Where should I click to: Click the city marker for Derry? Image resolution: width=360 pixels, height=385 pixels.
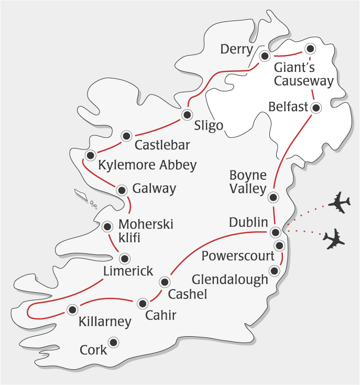tap(265, 55)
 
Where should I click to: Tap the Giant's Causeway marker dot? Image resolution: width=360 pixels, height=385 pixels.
tap(310, 49)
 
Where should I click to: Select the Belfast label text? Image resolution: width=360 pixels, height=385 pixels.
tap(288, 107)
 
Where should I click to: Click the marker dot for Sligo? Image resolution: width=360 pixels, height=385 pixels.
tap(187, 114)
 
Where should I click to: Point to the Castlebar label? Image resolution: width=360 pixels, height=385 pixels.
tap(162, 144)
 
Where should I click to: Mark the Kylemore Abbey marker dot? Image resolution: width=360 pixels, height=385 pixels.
tap(91, 155)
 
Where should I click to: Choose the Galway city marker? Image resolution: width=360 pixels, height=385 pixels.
tap(122, 190)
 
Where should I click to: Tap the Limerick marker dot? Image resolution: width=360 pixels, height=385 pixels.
tap(125, 258)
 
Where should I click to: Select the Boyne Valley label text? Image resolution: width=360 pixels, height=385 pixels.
tap(248, 182)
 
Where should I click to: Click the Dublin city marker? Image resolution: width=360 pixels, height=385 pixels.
tap(275, 232)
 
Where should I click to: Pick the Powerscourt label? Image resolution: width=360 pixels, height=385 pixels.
tap(238, 256)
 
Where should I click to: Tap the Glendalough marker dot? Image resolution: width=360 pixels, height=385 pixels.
tap(274, 271)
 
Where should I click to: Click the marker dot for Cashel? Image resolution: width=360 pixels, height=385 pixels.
tap(165, 282)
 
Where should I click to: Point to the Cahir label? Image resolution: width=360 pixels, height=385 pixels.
tap(160, 315)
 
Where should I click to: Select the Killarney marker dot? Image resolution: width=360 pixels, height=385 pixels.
tap(70, 309)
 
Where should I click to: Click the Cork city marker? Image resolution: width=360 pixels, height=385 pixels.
tap(113, 343)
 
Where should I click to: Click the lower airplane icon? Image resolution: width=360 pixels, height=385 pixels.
tap(334, 239)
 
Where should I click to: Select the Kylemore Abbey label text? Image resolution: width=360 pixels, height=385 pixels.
tap(147, 165)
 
